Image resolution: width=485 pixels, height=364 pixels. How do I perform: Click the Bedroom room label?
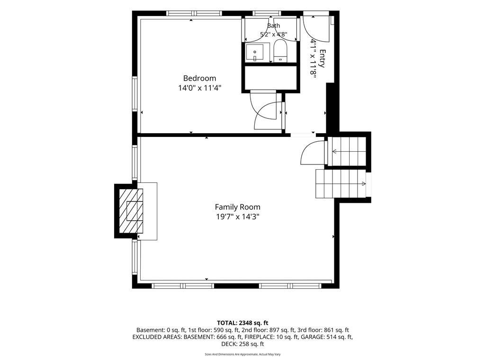click(199, 78)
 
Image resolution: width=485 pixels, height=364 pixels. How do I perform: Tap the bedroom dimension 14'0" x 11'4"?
click(199, 88)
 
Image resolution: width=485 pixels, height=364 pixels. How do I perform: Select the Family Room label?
click(238, 207)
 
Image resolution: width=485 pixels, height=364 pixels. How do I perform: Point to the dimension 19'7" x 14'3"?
click(238, 217)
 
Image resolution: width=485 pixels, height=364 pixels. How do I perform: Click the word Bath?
click(273, 26)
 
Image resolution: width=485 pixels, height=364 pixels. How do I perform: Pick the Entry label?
click(322, 58)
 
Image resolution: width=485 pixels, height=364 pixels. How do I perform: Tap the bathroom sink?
click(255, 52)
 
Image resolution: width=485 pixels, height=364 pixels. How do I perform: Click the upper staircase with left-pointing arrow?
click(346, 151)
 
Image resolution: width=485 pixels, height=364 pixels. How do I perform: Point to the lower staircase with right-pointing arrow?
click(341, 183)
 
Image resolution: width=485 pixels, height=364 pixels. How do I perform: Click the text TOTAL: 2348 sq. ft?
click(242, 323)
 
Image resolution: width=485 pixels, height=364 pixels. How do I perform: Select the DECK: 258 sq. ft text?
click(242, 344)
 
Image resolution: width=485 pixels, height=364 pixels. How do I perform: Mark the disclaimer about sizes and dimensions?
click(242, 355)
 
